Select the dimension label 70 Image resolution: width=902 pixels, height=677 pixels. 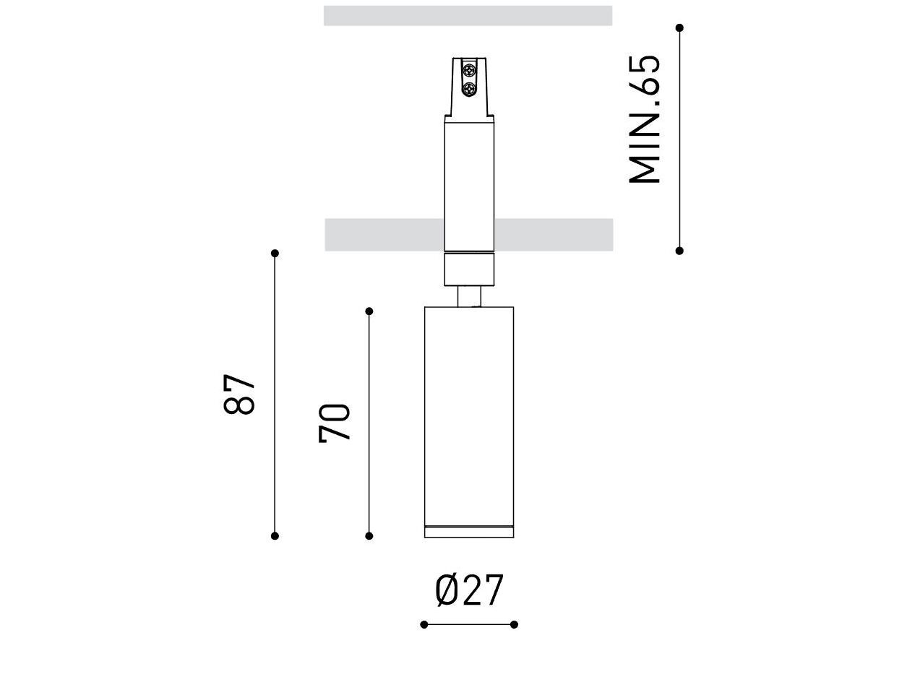(x=335, y=423)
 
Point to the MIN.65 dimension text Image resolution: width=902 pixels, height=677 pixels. (x=645, y=119)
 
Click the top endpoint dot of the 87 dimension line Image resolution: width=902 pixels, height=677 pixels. (x=275, y=254)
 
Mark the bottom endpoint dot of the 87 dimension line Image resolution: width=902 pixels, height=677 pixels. (x=275, y=535)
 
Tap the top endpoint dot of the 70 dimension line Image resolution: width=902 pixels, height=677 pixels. (x=369, y=311)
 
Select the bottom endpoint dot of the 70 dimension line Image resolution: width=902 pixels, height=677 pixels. (x=369, y=535)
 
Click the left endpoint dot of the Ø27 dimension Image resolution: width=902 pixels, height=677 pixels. (x=424, y=624)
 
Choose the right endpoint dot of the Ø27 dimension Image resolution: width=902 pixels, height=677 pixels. (x=514, y=624)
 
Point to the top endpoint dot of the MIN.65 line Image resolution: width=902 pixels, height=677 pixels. (x=679, y=28)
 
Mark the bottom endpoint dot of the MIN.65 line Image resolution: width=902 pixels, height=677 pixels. (x=679, y=251)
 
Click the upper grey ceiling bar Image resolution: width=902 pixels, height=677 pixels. (x=468, y=16)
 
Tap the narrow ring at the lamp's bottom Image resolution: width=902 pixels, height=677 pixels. (x=469, y=532)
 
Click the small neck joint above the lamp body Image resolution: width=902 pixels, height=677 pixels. (x=471, y=297)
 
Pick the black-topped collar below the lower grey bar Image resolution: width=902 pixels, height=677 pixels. (x=470, y=269)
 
